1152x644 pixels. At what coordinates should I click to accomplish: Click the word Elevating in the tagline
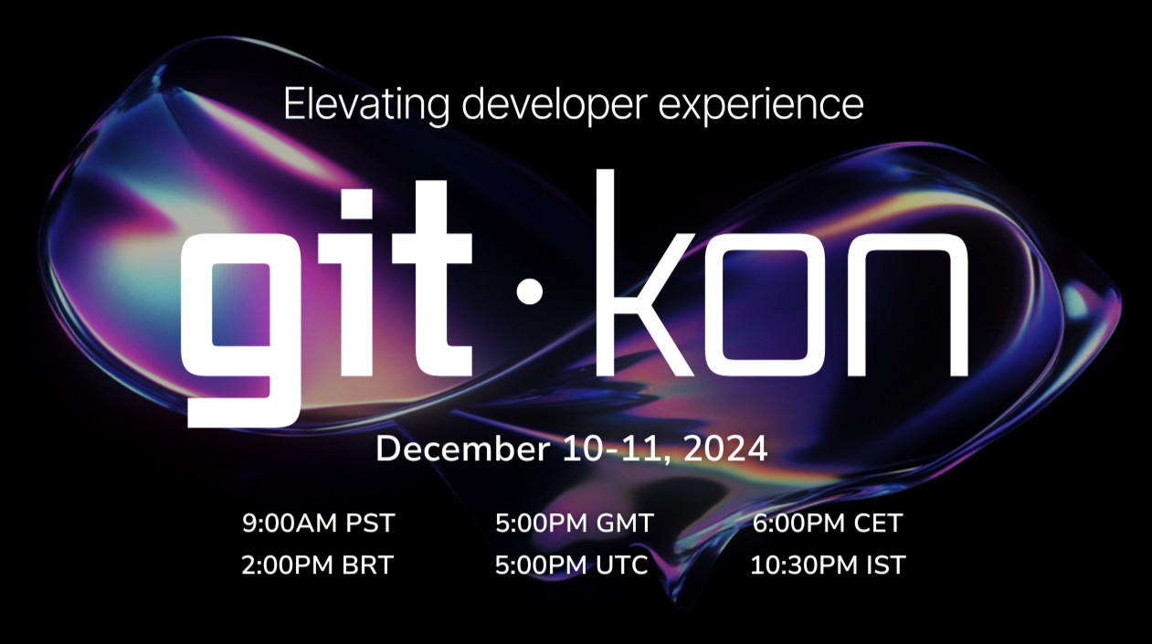coord(366,105)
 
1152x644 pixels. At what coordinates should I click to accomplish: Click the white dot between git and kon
coord(529,290)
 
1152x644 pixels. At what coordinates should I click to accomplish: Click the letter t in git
coord(432,278)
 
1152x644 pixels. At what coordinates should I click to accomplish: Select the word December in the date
coord(462,449)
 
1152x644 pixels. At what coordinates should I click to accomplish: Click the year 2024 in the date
coord(725,449)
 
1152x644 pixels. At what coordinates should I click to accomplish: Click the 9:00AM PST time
coord(318,523)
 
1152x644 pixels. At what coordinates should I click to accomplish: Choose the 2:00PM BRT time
coord(317,565)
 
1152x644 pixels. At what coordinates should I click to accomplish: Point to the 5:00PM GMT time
coord(575,523)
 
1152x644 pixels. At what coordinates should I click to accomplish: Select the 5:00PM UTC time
coord(571,565)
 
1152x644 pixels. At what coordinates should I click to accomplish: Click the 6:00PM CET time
coord(828,523)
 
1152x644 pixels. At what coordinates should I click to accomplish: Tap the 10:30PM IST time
coord(828,565)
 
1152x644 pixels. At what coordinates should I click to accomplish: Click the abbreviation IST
coord(885,565)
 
